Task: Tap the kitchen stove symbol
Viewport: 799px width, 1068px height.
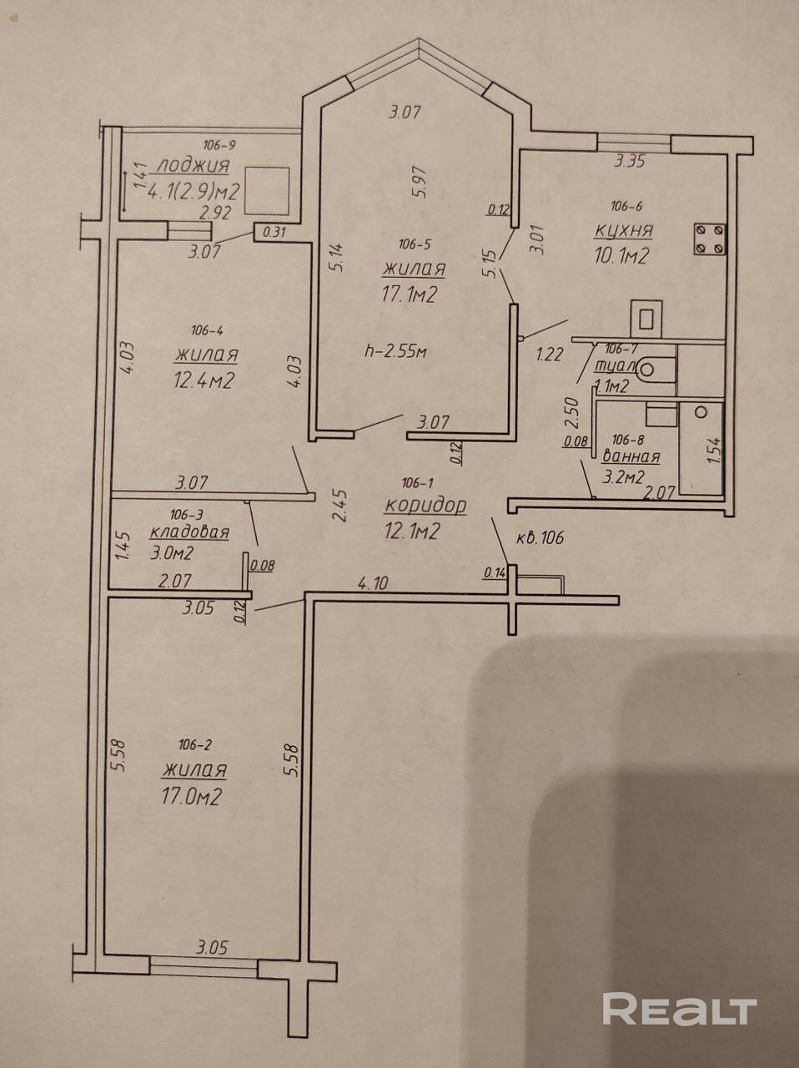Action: [709, 239]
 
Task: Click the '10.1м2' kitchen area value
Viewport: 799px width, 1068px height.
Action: [621, 257]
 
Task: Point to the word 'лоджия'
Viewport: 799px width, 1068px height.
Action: [193, 165]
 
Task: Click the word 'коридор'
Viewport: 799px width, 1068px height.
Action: [425, 505]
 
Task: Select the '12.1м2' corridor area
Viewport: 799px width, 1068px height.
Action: [412, 531]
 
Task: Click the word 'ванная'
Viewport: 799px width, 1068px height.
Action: [631, 456]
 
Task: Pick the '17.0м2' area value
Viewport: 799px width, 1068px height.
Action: [192, 797]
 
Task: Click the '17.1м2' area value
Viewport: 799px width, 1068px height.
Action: [410, 295]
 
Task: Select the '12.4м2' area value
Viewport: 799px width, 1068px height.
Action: [203, 380]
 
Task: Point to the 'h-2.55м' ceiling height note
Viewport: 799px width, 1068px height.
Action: [396, 351]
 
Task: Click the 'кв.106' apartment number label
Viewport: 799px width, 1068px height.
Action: [540, 538]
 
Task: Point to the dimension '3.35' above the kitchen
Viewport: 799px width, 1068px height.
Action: [629, 162]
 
